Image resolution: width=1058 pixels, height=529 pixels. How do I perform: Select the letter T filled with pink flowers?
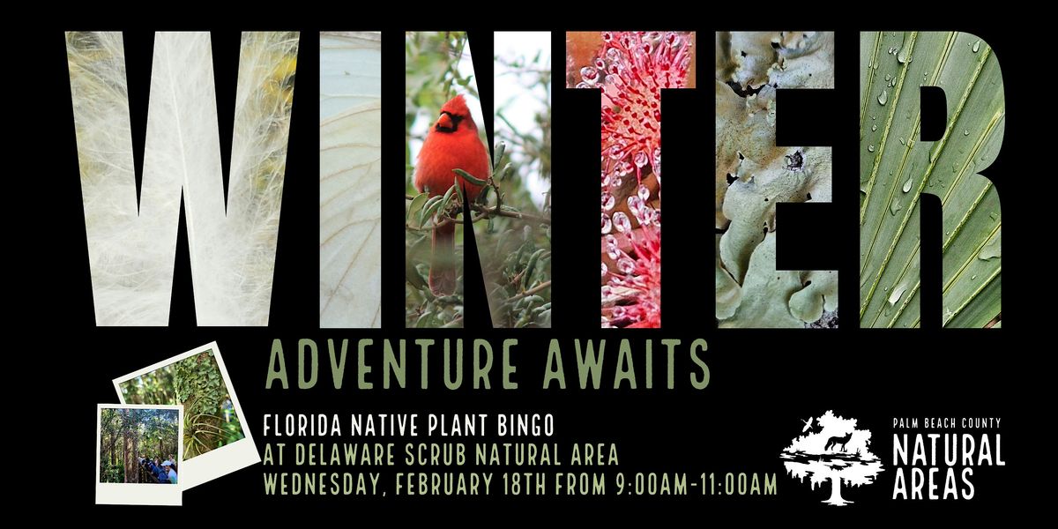(x=630, y=176)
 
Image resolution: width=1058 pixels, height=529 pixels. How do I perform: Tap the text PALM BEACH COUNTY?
(x=948, y=425)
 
